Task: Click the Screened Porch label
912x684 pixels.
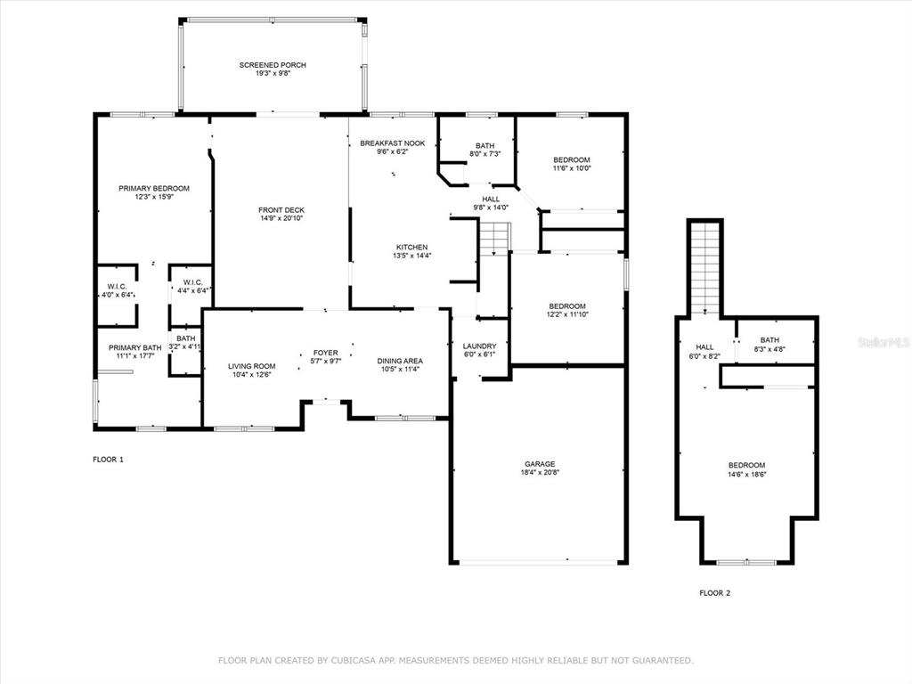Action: tap(273, 65)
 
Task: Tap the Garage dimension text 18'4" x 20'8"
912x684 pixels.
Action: tap(540, 473)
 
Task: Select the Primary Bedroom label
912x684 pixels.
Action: tap(154, 189)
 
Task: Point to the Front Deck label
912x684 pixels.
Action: tap(281, 210)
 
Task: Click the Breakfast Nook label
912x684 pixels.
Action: tap(393, 143)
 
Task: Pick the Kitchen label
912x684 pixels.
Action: tap(411, 248)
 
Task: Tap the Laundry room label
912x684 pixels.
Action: tap(480, 346)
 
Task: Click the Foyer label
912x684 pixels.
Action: tap(326, 353)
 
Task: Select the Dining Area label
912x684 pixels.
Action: tap(400, 361)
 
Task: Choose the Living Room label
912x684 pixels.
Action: tap(252, 366)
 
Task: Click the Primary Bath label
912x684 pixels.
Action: tap(135, 348)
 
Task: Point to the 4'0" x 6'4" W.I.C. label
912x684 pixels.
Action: tap(117, 290)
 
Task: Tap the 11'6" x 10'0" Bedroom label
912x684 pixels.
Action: tap(572, 164)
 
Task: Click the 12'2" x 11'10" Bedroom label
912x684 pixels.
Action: tap(567, 311)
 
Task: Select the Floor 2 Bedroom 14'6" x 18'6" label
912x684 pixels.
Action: tap(747, 469)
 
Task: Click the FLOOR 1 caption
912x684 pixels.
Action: tap(108, 460)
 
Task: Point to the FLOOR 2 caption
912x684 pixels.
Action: tap(715, 592)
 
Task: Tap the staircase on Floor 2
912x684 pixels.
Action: tap(705, 269)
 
